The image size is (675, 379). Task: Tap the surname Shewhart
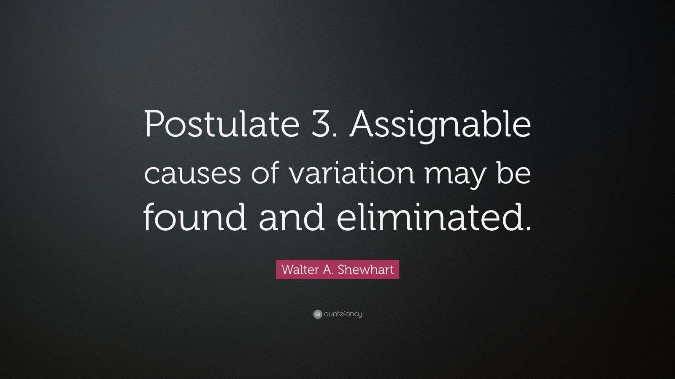[372, 270]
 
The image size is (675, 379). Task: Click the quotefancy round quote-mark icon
[318, 314]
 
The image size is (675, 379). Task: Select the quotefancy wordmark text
[343, 314]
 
